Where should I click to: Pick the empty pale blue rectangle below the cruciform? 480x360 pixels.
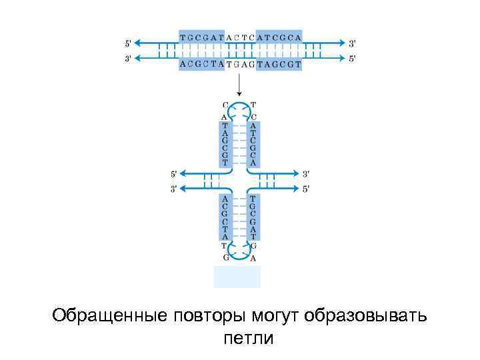(237, 276)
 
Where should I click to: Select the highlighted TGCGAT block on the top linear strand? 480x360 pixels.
(201, 37)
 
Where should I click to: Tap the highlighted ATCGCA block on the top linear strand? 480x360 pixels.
(279, 37)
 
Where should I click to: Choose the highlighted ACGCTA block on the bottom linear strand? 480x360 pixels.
(201, 64)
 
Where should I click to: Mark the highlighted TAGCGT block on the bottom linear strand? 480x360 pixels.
(279, 64)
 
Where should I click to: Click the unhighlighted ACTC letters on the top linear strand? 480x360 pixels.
(240, 37)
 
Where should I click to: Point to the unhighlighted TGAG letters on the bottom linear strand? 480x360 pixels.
(240, 65)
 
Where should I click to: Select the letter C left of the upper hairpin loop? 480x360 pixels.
(225, 105)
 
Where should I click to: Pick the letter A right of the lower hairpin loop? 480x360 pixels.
(253, 257)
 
